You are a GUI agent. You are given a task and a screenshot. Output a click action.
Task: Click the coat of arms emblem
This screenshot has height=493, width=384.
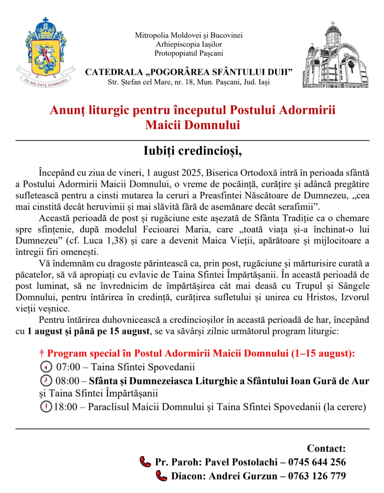point(46,52)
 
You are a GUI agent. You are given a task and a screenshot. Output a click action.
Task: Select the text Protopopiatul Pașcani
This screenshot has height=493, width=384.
point(188,53)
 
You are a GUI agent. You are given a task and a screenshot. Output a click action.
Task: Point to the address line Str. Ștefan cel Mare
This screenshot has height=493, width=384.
point(188,82)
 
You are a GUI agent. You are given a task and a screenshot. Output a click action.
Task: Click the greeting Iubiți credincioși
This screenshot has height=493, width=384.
point(192,151)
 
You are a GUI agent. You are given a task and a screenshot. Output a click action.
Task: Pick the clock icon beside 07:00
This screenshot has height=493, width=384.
point(46,367)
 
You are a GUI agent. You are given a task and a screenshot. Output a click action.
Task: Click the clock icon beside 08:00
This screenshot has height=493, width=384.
point(46,381)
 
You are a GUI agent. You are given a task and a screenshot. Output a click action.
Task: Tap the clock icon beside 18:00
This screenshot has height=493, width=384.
point(46,407)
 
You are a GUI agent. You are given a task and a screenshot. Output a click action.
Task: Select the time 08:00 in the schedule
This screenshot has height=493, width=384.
point(68,381)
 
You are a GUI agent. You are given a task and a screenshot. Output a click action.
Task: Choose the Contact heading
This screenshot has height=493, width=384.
point(326,448)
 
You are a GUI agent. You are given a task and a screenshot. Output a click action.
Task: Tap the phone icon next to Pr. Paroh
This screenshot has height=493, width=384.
point(145,462)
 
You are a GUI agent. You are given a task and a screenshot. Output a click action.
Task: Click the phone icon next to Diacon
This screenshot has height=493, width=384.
point(161,476)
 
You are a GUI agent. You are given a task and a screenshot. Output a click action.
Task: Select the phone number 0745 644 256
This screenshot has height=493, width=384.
point(317,462)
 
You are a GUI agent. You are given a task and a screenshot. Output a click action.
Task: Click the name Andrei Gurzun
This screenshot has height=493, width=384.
point(243,476)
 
